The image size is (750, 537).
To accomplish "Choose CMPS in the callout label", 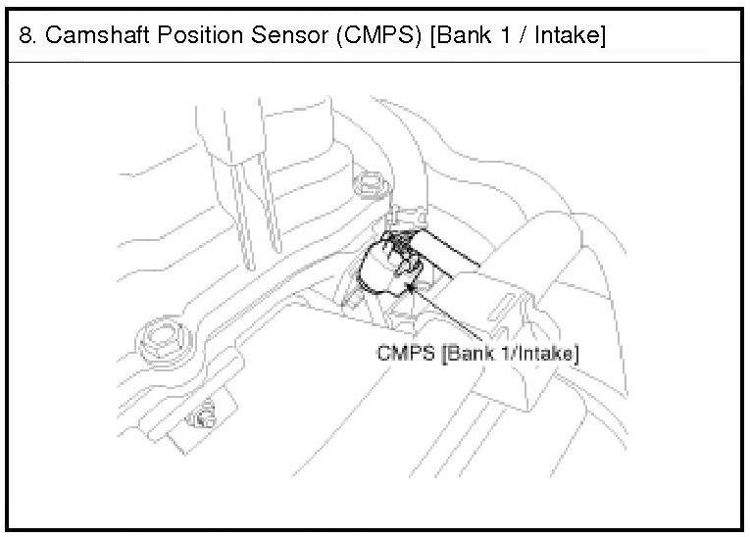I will click(405, 354).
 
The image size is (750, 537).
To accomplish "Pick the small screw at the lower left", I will click(203, 419).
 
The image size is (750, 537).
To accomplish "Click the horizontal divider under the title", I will click(375, 62).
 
